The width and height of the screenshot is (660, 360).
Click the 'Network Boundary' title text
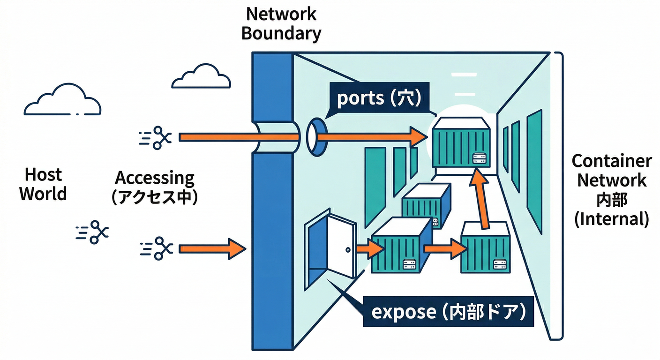pos(281,23)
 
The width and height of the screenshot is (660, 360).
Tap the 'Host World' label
pos(43,184)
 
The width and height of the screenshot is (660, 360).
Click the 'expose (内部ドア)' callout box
pos(449,312)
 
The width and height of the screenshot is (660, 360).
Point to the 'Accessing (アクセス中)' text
pos(155,187)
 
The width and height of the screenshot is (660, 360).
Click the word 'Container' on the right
pos(611,161)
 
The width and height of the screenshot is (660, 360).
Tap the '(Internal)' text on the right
pos(611,218)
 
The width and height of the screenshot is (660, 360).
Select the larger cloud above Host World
pos(62,100)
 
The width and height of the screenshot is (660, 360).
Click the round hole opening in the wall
pos(316,136)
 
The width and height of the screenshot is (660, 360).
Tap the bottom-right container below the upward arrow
pos(486,248)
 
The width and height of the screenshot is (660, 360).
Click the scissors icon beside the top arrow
pos(157,137)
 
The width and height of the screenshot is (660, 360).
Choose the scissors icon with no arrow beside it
pos(92,231)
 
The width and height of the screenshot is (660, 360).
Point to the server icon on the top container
pos(478,158)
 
